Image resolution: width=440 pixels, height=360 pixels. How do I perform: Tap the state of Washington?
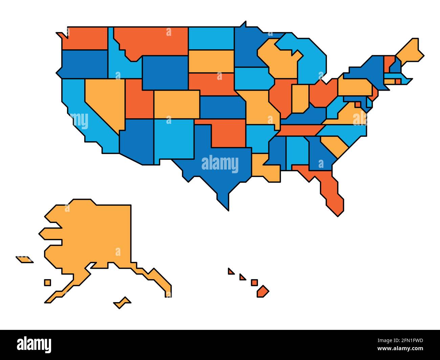click(86, 38)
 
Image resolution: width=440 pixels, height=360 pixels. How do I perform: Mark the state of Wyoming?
click(165, 73)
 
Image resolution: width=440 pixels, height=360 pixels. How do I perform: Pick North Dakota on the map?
click(211, 38)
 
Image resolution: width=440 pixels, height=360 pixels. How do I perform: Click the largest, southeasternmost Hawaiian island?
click(262, 291)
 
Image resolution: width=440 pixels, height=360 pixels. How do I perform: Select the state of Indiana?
click(300, 98)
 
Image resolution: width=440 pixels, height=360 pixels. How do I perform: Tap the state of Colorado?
click(176, 104)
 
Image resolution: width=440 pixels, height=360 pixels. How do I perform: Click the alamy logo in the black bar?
click(34, 344)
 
